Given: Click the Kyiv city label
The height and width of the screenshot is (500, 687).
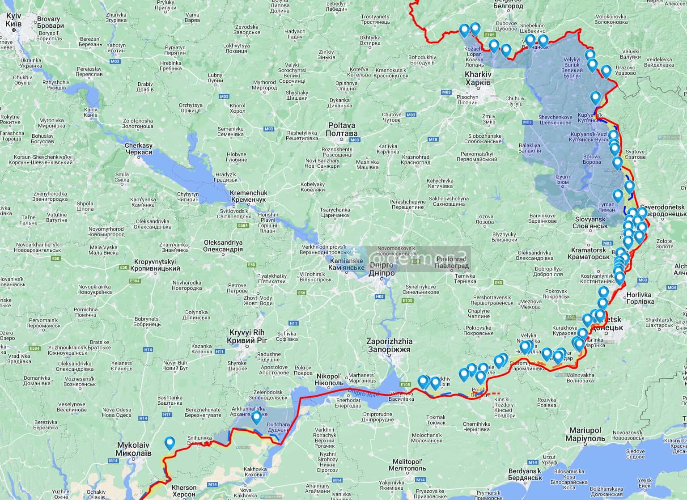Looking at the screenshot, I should pos(14,19).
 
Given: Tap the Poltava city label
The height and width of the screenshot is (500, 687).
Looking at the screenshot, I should pos(342,130).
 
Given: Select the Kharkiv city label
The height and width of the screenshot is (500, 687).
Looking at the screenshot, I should pos(478,79).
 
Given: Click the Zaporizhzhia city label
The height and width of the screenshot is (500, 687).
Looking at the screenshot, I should pos(389,345).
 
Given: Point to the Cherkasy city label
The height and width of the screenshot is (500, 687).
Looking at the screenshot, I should pos(138,149).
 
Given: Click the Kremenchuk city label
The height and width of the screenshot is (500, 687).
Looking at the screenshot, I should pos(248,195).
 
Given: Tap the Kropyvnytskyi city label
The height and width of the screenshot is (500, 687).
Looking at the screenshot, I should pos(155,265).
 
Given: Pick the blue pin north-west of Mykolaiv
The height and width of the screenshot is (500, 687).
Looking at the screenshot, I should pos(170,443).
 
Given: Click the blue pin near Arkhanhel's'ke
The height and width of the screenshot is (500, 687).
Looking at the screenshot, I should pos(256,418).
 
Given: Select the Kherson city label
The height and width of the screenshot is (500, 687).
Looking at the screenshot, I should pos(184,491).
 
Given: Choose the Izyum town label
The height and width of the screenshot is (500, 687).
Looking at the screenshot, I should pos(562,179).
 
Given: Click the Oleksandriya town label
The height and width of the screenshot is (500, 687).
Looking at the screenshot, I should pos(223,246).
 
